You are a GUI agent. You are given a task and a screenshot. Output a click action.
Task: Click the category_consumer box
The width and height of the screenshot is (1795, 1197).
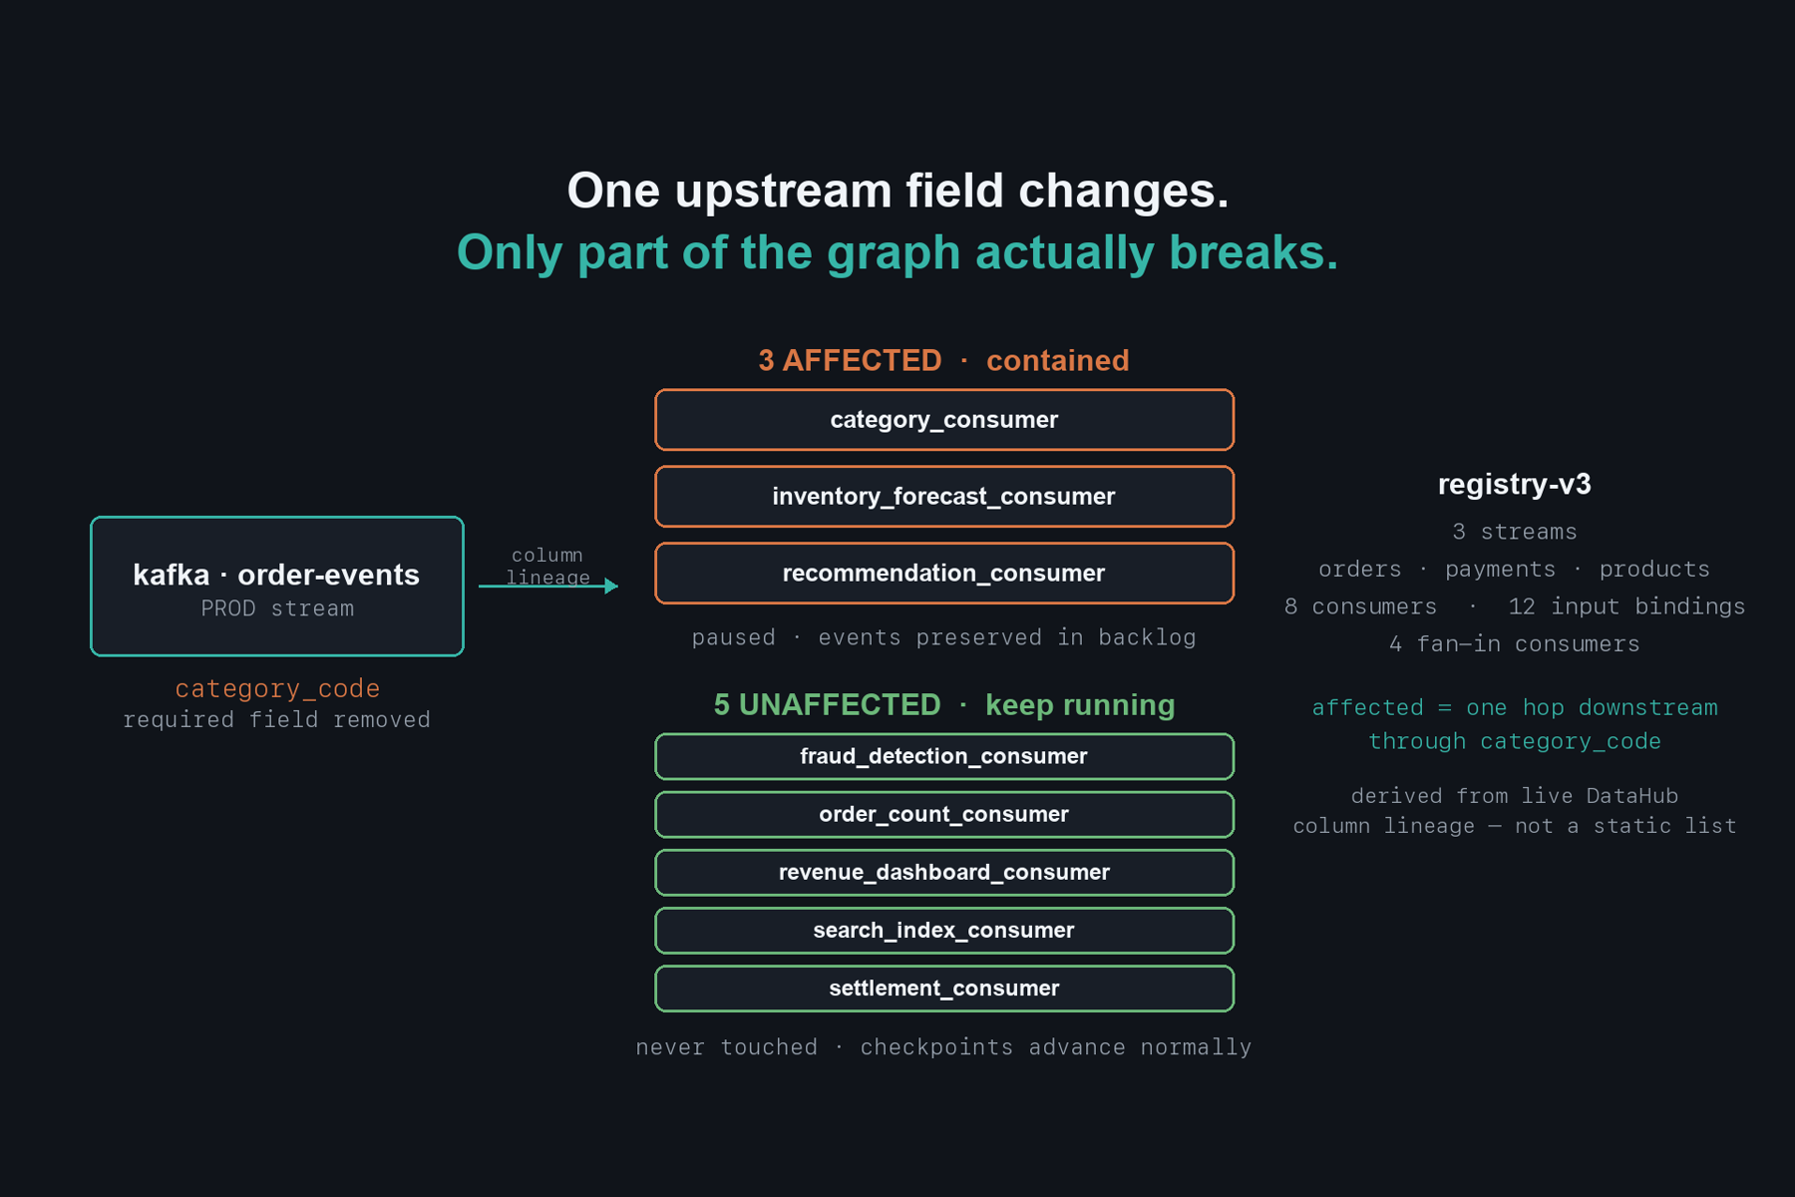click(x=944, y=420)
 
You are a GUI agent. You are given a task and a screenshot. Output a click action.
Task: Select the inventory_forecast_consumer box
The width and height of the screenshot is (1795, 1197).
click(x=944, y=497)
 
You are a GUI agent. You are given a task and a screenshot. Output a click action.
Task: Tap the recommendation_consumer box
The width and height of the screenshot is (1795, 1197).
click(x=944, y=574)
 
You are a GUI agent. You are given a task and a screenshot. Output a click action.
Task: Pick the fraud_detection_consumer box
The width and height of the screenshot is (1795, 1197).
click(x=944, y=756)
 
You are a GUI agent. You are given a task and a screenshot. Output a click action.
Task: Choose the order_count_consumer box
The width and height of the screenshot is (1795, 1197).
click(x=944, y=814)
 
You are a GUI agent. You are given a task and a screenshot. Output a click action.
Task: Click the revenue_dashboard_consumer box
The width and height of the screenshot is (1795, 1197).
click(x=944, y=872)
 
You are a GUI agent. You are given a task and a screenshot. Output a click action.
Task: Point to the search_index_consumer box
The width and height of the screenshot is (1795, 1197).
click(x=944, y=930)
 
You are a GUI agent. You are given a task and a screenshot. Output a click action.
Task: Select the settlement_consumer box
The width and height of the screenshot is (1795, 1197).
click(x=944, y=988)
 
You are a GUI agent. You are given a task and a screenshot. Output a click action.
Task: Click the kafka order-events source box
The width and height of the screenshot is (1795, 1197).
click(x=277, y=587)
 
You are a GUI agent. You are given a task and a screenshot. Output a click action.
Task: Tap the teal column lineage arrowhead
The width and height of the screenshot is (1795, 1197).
click(x=611, y=586)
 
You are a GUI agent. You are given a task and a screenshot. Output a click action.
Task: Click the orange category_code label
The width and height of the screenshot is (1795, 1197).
click(x=277, y=688)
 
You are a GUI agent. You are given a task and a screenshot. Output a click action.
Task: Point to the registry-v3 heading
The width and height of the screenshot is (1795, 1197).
click(x=1514, y=484)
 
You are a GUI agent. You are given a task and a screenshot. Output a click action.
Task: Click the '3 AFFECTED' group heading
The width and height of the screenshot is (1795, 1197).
click(x=850, y=360)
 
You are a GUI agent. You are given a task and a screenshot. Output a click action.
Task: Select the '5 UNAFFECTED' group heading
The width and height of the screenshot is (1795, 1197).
click(x=827, y=704)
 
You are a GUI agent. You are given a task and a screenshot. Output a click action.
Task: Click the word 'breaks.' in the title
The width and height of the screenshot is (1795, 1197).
click(x=1254, y=251)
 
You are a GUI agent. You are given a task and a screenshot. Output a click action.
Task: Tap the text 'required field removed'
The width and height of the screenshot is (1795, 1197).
click(x=277, y=720)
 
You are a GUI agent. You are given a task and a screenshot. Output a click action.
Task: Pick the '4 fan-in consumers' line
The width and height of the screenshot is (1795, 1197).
click(x=1514, y=644)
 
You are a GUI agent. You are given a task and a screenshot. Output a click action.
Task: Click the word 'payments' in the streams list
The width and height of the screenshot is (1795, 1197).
click(x=1500, y=570)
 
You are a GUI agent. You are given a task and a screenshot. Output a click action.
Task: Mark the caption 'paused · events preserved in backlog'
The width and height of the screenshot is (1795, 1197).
click(x=944, y=637)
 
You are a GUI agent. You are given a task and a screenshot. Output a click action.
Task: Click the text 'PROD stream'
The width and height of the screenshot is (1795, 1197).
click(x=277, y=608)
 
